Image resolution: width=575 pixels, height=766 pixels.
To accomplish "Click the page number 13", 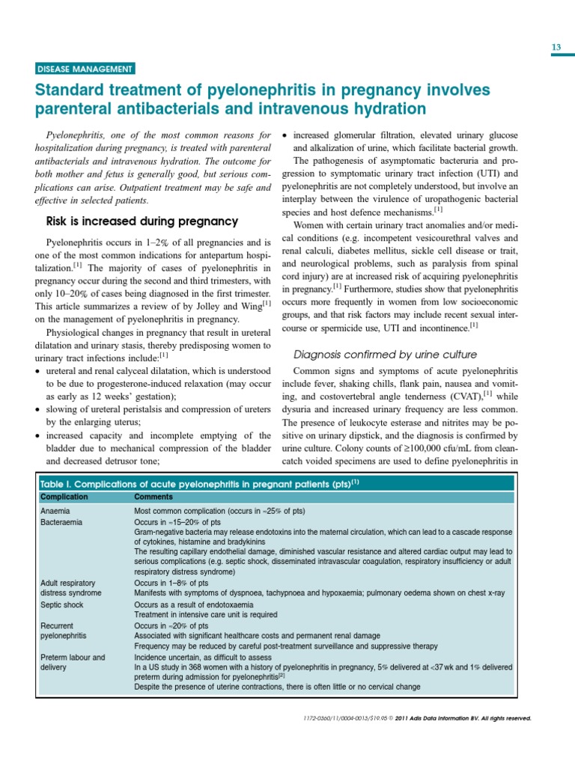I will pos(556,48).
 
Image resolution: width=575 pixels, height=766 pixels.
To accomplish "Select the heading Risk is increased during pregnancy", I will pos(142,221).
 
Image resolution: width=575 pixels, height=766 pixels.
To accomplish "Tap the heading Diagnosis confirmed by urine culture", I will pos(385,354).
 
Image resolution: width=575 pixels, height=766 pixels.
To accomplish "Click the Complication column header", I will pos(64,497).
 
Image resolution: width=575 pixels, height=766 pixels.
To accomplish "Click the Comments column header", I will pos(153,497).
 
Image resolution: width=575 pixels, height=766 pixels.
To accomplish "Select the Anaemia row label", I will pos(55,511).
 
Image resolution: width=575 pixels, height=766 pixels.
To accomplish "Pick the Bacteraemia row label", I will pos(61,521).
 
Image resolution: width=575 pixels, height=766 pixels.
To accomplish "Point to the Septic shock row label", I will pos(62,604).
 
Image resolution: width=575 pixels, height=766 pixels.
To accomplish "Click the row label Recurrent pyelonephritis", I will pos(63,630).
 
